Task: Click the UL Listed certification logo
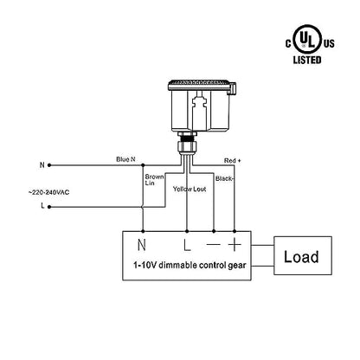(310, 44)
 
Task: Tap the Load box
(303, 255)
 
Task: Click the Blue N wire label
(125, 159)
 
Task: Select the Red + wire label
(232, 161)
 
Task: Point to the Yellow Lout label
(190, 190)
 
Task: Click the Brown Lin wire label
(154, 180)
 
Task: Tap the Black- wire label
(224, 178)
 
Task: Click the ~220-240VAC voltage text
(48, 192)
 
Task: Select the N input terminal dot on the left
(49, 165)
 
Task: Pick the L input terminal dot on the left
(49, 207)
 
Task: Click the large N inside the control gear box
(142, 245)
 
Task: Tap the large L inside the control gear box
(187, 245)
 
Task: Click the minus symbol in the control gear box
(214, 245)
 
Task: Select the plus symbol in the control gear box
(235, 245)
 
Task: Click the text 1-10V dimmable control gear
(190, 265)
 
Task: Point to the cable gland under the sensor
(187, 143)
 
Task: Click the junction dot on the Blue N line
(143, 165)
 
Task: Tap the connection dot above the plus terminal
(235, 231)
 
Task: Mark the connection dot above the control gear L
(187, 231)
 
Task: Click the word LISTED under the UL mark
(307, 60)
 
